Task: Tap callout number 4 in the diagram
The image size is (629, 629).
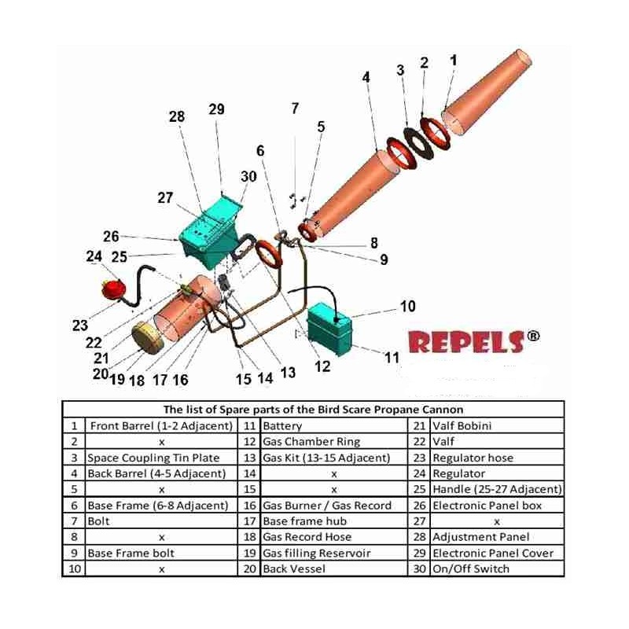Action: pyautogui.click(x=366, y=77)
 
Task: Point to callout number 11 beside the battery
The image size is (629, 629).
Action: pyautogui.click(x=391, y=357)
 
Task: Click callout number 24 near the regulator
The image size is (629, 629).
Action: pyautogui.click(x=94, y=256)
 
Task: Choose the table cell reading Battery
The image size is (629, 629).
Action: pyautogui.click(x=283, y=426)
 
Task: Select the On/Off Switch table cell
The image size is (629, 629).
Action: pyautogui.click(x=471, y=568)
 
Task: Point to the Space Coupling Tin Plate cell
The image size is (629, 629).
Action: pyautogui.click(x=153, y=458)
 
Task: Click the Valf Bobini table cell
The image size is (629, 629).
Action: pyautogui.click(x=462, y=426)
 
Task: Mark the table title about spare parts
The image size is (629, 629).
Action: pyautogui.click(x=313, y=409)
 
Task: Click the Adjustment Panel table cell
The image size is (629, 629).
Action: pyautogui.click(x=481, y=537)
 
